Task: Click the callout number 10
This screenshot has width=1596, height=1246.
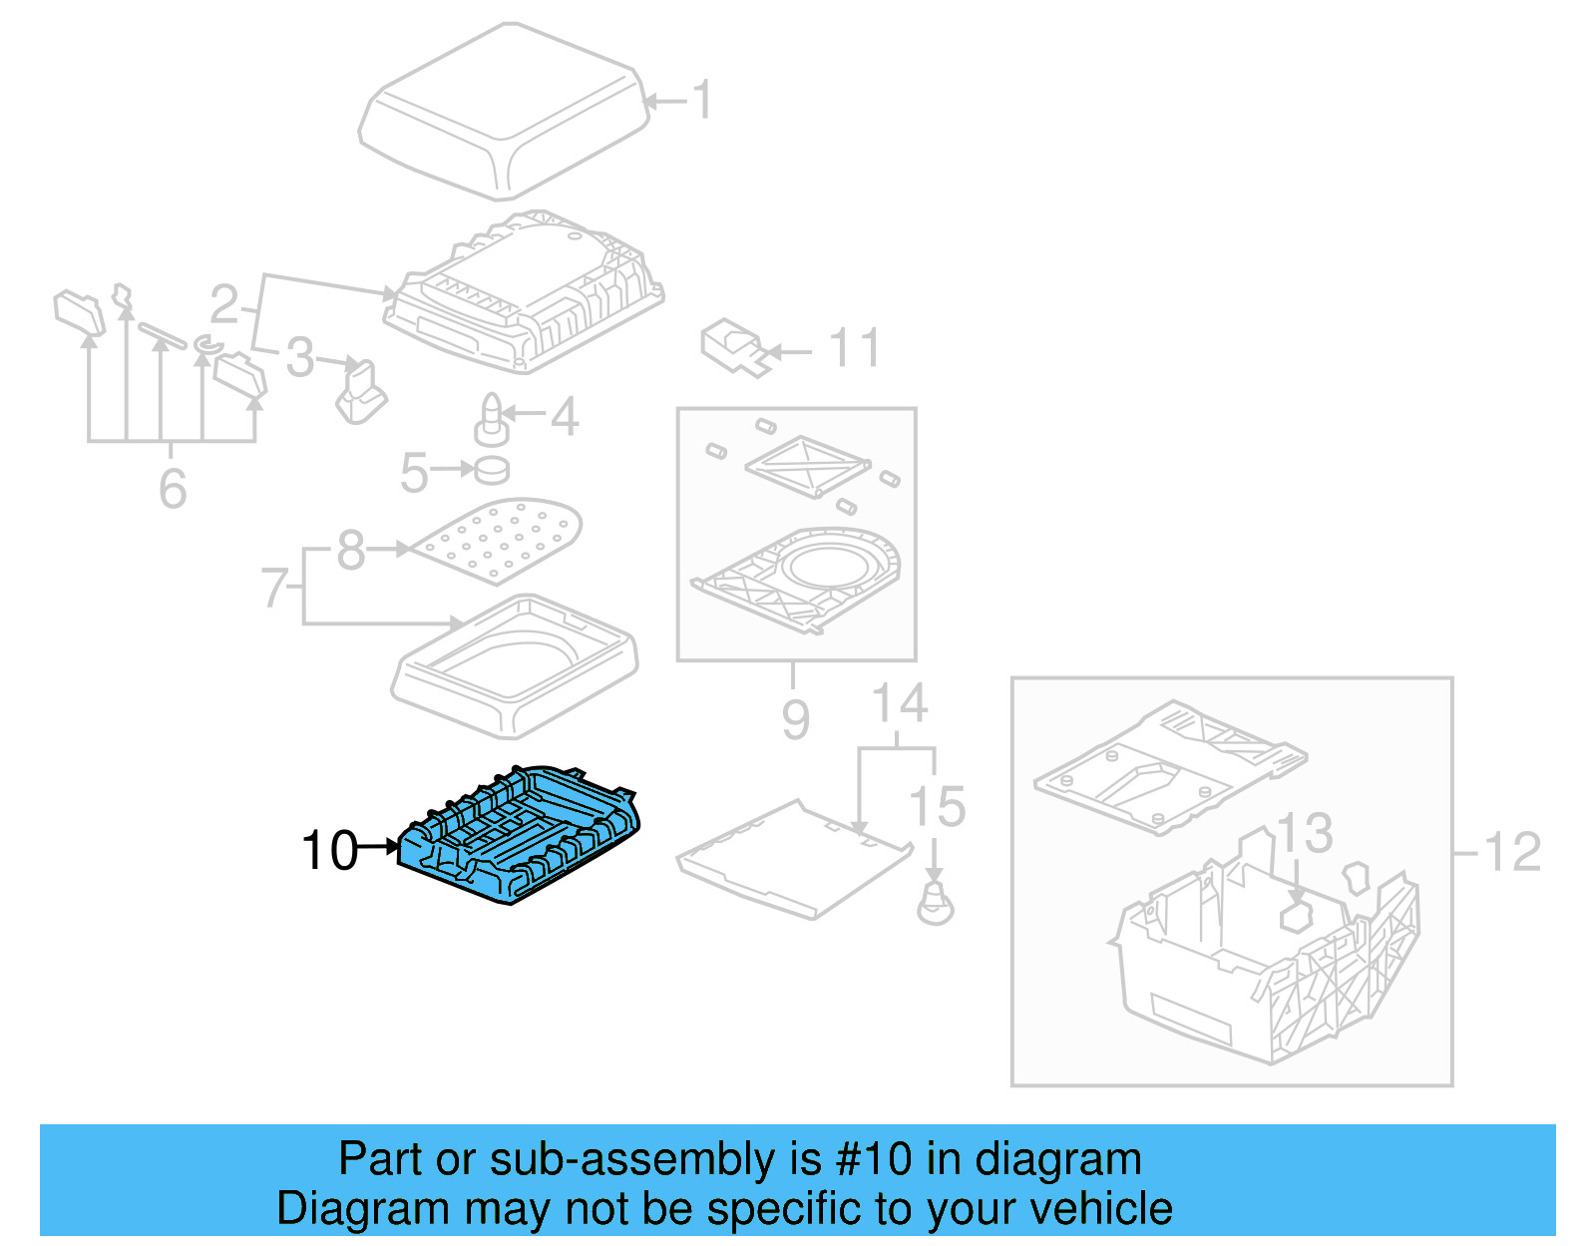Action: point(329,851)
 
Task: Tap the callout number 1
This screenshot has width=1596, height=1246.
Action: point(703,100)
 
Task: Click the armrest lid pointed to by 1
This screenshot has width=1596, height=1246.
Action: point(504,110)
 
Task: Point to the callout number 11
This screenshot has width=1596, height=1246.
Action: point(855,348)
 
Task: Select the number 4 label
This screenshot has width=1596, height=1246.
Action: point(565,416)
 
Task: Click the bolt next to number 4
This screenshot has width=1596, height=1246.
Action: point(492,420)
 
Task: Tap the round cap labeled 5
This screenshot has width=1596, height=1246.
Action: point(492,469)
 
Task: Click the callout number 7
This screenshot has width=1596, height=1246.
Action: point(274,588)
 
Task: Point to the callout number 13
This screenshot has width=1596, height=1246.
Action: point(1305,832)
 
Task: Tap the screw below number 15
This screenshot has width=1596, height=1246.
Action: point(935,904)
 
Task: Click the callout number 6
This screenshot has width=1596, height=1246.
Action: point(173,488)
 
